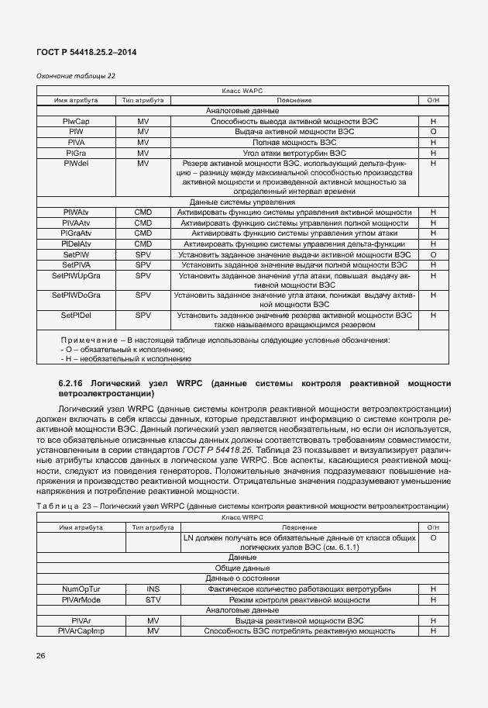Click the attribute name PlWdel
76,164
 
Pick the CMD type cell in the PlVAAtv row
143,223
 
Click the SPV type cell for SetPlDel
143,316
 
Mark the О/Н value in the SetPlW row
433,254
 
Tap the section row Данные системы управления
242,202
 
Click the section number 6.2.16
72,383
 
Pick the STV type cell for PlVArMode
153,599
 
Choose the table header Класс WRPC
242,516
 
